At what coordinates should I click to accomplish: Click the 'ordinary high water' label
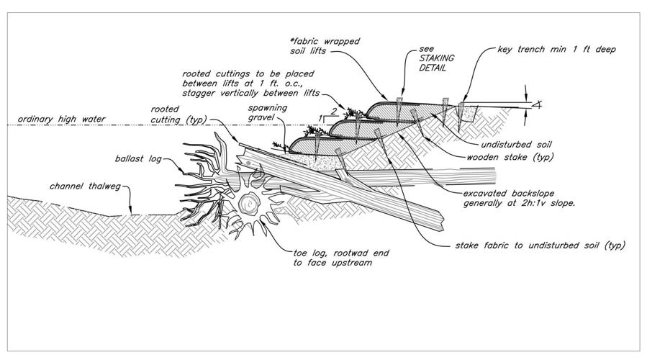tap(61, 120)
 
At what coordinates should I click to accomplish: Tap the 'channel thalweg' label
tap(85, 186)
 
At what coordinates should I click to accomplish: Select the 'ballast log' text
tap(138, 158)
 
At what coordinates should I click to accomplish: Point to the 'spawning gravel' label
tap(268, 112)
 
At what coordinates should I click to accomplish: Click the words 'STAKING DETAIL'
tap(437, 63)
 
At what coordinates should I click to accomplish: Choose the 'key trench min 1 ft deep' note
tap(556, 50)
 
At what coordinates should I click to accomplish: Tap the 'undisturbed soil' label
tap(516, 145)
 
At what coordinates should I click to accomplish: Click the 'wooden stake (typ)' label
tap(510, 157)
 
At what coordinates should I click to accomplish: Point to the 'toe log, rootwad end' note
tap(341, 253)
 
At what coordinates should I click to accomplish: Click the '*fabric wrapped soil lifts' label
tap(325, 46)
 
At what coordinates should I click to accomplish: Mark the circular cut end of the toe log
tap(249, 204)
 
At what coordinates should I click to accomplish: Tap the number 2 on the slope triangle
tap(334, 111)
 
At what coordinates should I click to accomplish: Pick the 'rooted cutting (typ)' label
tap(178, 114)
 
